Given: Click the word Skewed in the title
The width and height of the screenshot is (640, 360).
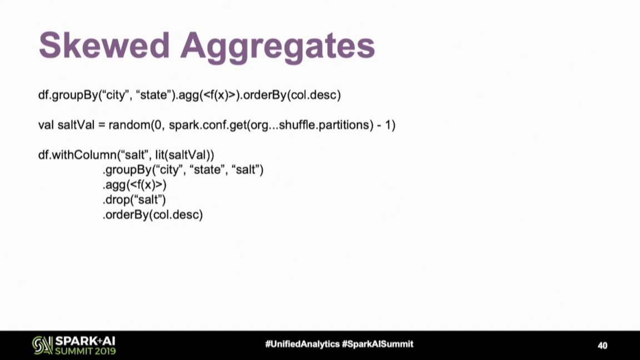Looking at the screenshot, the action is [104, 45].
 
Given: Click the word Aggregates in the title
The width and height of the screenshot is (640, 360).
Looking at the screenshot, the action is [278, 47].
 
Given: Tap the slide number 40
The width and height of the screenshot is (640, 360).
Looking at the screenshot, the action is [602, 346].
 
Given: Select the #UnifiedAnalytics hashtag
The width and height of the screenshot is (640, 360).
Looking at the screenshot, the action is [302, 344].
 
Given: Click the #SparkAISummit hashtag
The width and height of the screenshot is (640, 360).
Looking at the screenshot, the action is [378, 344].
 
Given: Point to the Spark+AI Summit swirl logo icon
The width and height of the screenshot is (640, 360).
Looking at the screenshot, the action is [42, 346].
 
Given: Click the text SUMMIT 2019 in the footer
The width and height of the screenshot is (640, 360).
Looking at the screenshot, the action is [86, 351].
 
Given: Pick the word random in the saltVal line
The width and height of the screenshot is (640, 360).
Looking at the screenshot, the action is [129, 125].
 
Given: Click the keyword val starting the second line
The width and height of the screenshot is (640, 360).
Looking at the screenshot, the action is [46, 125].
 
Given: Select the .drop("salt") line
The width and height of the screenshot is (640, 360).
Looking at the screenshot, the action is [134, 199].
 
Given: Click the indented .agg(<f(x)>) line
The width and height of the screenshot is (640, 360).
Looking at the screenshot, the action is [134, 185].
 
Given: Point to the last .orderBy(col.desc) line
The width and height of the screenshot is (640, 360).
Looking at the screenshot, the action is [153, 214].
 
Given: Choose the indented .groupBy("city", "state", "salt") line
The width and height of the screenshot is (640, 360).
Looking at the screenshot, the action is [183, 170].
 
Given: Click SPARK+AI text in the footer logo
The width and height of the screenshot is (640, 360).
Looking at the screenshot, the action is [86, 341].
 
